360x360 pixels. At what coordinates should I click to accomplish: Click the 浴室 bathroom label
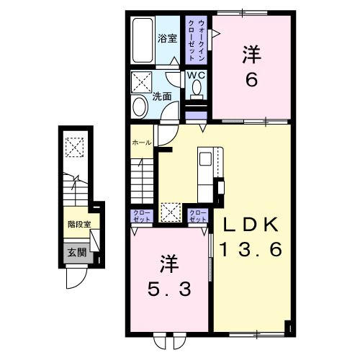pyautogui.click(x=167, y=39)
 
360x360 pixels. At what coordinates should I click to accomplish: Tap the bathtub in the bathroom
pyautogui.click(x=143, y=40)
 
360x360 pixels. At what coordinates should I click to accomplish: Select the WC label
pyautogui.click(x=196, y=76)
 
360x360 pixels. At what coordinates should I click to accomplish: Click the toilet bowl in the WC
pyautogui.click(x=197, y=87)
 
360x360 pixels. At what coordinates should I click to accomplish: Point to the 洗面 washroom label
pyautogui.click(x=162, y=96)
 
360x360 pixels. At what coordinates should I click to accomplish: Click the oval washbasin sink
pyautogui.click(x=140, y=107)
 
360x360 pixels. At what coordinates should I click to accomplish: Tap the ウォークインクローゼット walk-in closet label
pyautogui.click(x=197, y=40)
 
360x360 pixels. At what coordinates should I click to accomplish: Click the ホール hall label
pyautogui.click(x=142, y=143)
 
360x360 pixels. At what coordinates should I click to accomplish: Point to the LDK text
pyautogui.click(x=251, y=225)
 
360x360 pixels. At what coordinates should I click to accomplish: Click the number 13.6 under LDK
pyautogui.click(x=251, y=249)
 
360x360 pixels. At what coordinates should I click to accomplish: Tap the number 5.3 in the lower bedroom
pyautogui.click(x=169, y=289)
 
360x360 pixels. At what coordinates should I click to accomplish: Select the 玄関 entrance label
pyautogui.click(x=77, y=253)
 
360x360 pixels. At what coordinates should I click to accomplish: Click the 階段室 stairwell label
pyautogui.click(x=79, y=225)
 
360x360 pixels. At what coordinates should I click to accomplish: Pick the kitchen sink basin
pyautogui.click(x=205, y=159)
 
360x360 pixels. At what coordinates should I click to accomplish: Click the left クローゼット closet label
pyautogui.click(x=142, y=216)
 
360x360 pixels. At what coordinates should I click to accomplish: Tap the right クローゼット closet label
pyautogui.click(x=198, y=216)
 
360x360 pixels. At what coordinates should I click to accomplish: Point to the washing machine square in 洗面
pyautogui.click(x=142, y=82)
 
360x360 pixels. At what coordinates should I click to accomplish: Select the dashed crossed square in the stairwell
pyautogui.click(x=75, y=147)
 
